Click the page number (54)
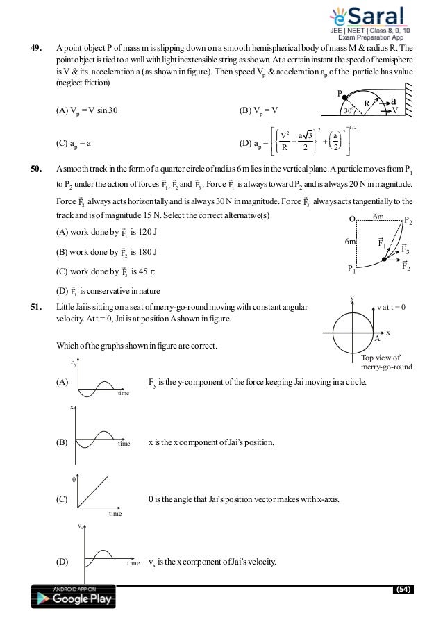402,590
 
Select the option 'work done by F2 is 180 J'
105,251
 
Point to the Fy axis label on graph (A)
74,363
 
